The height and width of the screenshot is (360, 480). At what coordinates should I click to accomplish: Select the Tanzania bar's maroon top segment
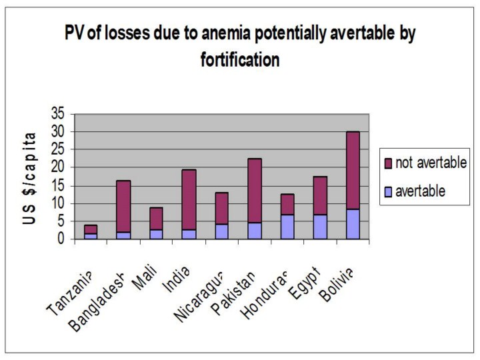pyautogui.click(x=91, y=229)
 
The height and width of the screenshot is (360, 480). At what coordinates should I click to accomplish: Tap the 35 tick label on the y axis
pyautogui.click(x=59, y=114)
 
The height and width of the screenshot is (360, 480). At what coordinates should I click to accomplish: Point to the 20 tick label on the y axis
pyautogui.click(x=59, y=167)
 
